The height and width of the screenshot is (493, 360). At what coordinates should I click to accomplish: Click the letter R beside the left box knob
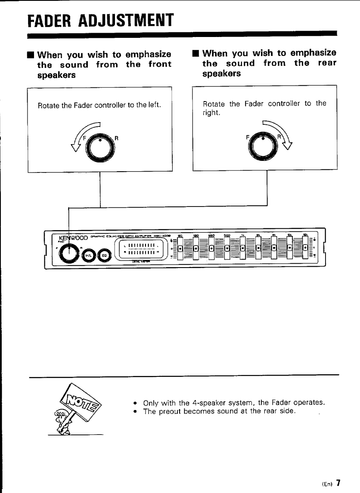point(116,138)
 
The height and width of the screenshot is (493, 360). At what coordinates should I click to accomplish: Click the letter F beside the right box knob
point(248,137)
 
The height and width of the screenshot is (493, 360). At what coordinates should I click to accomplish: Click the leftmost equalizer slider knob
point(180,248)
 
